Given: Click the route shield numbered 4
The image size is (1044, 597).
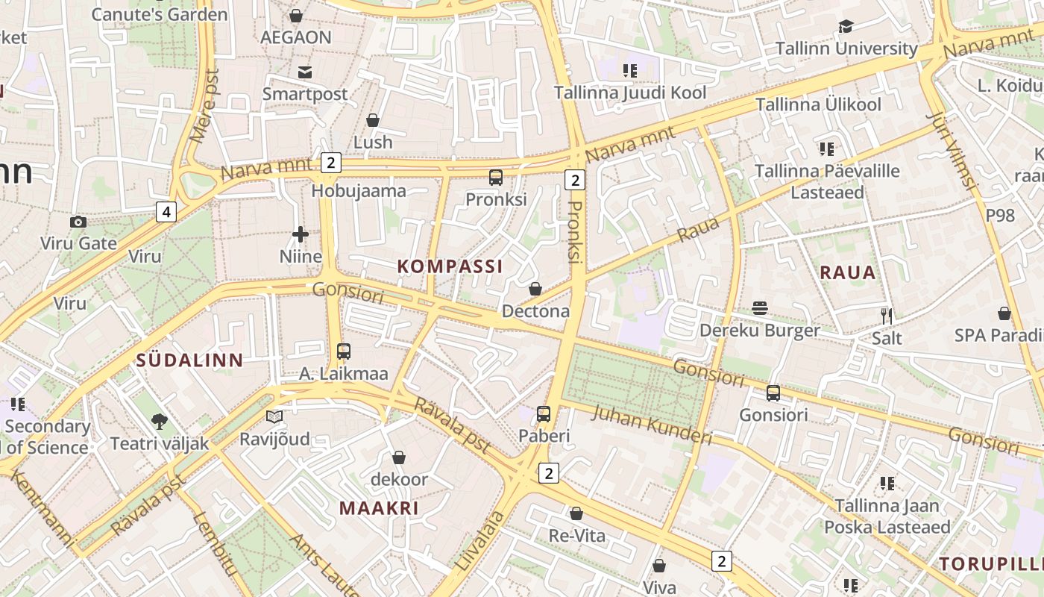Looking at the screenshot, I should (x=166, y=212).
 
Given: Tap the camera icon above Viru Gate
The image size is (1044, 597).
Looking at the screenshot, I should (x=78, y=222).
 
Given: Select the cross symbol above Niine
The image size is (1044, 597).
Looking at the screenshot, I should (x=301, y=234).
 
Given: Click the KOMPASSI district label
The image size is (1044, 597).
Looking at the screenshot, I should (x=450, y=266).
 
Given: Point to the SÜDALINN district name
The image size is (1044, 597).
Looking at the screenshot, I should (x=189, y=360).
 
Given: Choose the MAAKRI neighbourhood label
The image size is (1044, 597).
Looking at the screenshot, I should (x=379, y=508).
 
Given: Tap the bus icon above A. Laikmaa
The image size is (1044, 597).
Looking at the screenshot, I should (x=343, y=351).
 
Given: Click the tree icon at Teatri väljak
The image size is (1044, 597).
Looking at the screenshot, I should (x=159, y=422).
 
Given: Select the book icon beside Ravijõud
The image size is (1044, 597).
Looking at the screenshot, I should (x=274, y=416).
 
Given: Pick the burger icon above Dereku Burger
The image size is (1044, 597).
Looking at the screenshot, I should (x=760, y=308).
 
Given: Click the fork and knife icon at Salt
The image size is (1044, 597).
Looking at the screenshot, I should (x=887, y=316).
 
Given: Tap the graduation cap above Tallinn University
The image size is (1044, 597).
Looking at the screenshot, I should (x=846, y=26).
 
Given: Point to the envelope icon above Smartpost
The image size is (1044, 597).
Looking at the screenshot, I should (x=304, y=72).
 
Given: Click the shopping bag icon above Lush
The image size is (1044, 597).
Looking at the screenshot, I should (x=373, y=120).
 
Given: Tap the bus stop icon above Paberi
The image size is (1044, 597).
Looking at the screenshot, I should (x=544, y=413).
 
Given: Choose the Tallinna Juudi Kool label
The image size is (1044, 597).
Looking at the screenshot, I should (x=629, y=93).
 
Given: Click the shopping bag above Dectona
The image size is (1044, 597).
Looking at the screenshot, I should (x=535, y=289).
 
